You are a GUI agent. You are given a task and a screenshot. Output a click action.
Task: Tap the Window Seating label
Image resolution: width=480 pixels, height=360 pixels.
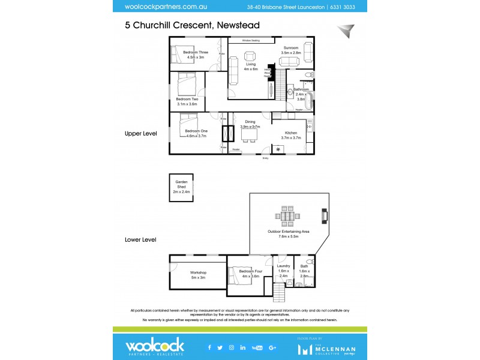[254, 40]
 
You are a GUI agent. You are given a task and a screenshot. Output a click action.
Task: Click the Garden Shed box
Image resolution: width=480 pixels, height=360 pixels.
[181, 187]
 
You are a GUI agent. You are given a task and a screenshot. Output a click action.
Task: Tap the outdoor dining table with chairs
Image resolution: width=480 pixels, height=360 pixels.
[288, 215]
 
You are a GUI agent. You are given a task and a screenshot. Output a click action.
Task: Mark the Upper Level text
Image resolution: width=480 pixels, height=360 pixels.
[140, 134]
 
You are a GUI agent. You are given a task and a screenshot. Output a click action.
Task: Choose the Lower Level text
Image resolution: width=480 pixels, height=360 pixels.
[140, 239]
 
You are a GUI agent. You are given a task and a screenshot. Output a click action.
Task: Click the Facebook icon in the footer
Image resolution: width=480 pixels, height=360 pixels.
[209, 347]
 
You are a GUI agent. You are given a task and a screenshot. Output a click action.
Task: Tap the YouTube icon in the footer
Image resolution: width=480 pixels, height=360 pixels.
[257, 347]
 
